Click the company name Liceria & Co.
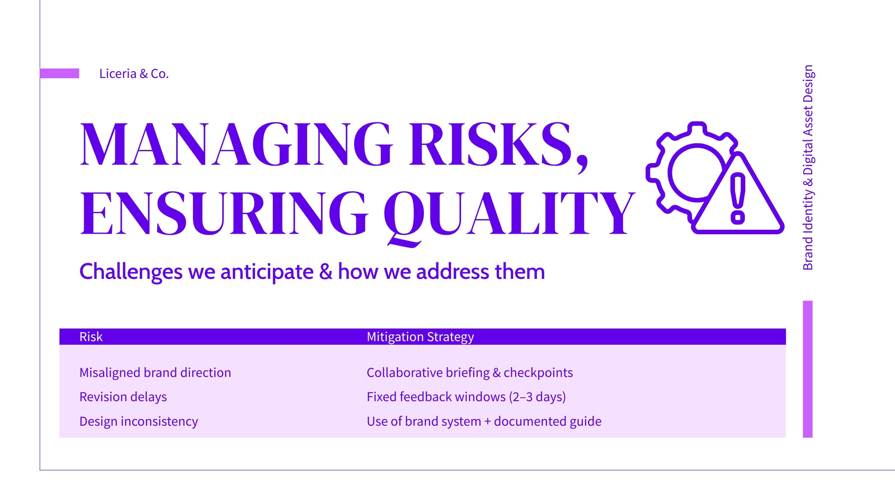(x=134, y=73)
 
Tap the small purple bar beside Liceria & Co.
(x=59, y=73)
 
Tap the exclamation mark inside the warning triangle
(x=738, y=198)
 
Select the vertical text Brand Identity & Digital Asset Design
(x=808, y=168)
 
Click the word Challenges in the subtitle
(x=131, y=272)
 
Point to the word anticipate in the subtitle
(x=267, y=272)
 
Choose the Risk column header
(x=91, y=337)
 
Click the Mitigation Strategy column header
(x=420, y=337)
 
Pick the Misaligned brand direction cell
(x=155, y=372)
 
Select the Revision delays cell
(x=123, y=397)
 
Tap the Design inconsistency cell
(x=139, y=421)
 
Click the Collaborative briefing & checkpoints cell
(x=470, y=372)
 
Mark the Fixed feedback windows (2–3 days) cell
(x=467, y=397)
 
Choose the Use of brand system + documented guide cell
(x=484, y=421)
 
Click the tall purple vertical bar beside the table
(x=808, y=369)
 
